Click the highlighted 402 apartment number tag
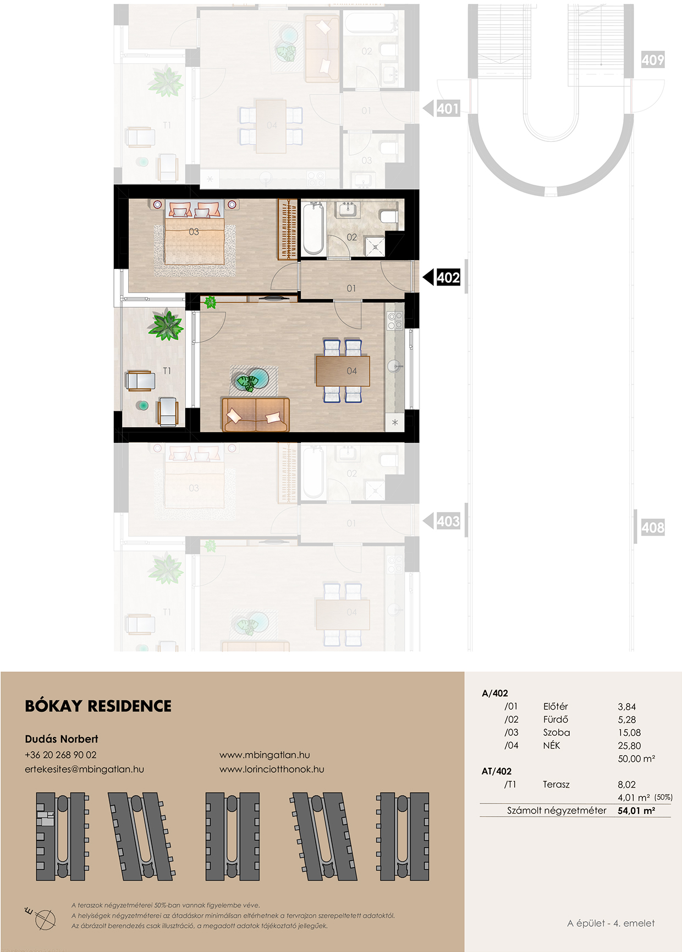pyautogui.click(x=448, y=278)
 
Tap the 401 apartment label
pyautogui.click(x=448, y=109)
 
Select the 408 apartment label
pyautogui.click(x=653, y=527)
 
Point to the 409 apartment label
pyautogui.click(x=653, y=59)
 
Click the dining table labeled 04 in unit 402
pyautogui.click(x=343, y=371)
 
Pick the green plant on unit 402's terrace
pyautogui.click(x=165, y=324)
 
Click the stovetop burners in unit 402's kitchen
pyautogui.click(x=395, y=321)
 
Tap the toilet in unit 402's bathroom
pyautogui.click(x=389, y=216)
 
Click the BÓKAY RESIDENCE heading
pyautogui.click(x=98, y=706)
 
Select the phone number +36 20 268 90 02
pyautogui.click(x=61, y=755)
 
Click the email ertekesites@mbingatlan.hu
pyautogui.click(x=84, y=769)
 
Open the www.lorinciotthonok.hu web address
pyautogui.click(x=272, y=769)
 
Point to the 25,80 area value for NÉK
pyautogui.click(x=629, y=746)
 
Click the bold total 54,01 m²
pyautogui.click(x=636, y=811)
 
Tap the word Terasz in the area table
pyautogui.click(x=556, y=785)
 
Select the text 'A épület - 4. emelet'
pyautogui.click(x=611, y=923)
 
